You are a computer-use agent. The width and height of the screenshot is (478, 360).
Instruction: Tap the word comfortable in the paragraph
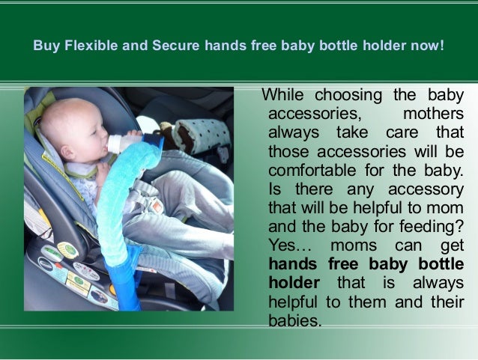(317, 170)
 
